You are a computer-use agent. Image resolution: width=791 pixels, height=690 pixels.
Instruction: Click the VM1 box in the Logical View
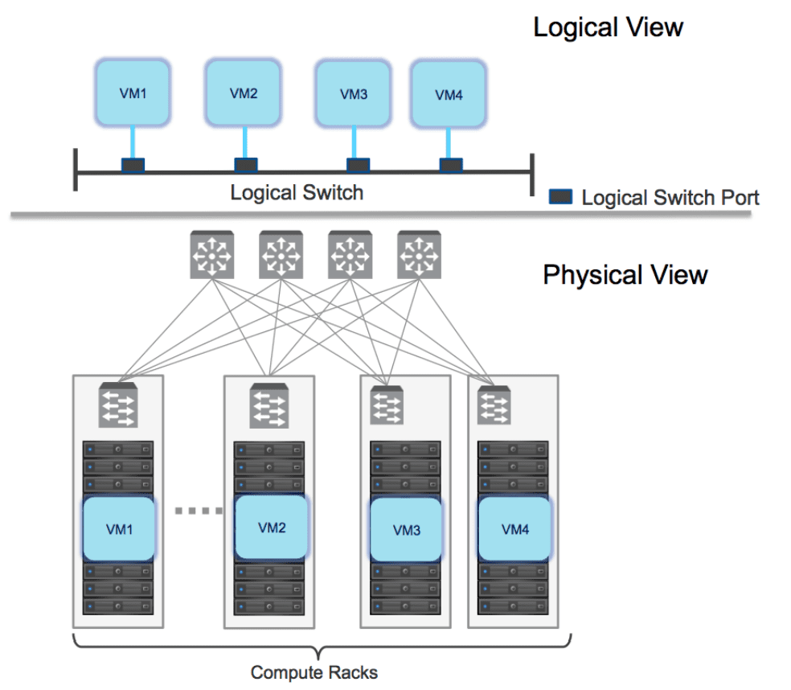tap(133, 92)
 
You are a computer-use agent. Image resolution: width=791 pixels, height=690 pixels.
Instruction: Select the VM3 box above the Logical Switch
tap(353, 94)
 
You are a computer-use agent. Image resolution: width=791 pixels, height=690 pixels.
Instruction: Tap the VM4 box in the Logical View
tap(449, 94)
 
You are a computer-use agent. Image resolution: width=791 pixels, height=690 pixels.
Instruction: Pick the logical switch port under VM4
tap(450, 165)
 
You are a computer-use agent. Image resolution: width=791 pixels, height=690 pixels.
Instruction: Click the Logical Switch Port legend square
tap(560, 196)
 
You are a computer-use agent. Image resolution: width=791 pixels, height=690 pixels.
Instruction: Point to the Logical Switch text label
tap(297, 193)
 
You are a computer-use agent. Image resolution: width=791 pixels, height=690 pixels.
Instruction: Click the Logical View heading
tap(608, 27)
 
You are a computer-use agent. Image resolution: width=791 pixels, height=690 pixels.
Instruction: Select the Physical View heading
tap(625, 275)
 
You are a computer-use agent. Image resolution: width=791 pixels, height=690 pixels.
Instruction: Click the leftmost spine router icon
tap(211, 255)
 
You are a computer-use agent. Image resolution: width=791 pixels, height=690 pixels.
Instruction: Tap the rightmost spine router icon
tap(420, 255)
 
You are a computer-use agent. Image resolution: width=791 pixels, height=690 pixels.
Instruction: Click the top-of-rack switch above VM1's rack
tap(118, 406)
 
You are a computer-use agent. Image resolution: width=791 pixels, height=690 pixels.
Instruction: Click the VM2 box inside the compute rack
tap(272, 528)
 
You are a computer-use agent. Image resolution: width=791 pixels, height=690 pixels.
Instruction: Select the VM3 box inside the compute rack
tap(406, 530)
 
